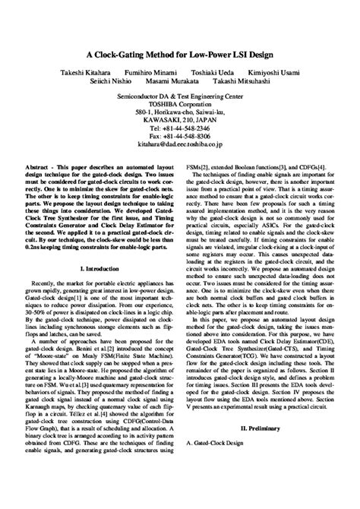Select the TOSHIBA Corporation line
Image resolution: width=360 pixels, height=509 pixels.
coord(180,106)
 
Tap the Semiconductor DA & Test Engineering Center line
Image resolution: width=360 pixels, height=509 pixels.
coord(180,97)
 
